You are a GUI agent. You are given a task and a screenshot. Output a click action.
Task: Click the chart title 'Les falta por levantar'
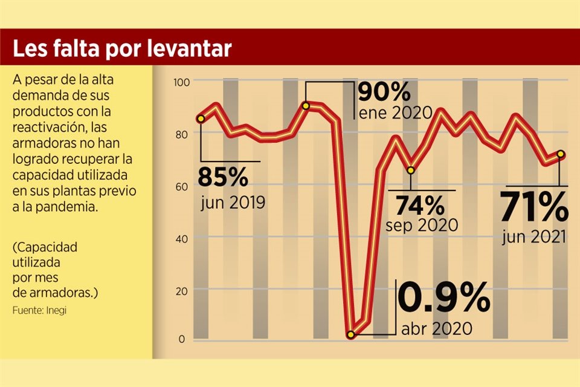[x=122, y=49]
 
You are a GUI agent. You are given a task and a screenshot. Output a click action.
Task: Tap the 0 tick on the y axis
[x=181, y=339]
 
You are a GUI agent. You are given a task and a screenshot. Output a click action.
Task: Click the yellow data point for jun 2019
[x=201, y=119]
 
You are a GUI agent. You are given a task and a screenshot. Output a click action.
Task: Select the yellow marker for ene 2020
[x=306, y=106]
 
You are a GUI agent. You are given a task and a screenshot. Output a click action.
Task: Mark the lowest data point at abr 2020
[x=350, y=334]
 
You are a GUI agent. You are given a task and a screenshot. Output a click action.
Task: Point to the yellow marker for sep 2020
[x=411, y=170]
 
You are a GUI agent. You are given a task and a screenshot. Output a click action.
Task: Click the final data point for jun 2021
[x=561, y=154]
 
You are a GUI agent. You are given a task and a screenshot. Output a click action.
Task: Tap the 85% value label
[x=223, y=177]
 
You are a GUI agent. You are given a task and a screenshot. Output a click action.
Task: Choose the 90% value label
[x=384, y=92]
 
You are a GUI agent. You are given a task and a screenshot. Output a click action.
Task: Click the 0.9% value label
[x=442, y=298]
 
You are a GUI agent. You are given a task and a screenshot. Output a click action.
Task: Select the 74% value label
[x=419, y=206]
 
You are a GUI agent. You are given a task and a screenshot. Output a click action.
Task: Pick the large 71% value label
[x=534, y=209]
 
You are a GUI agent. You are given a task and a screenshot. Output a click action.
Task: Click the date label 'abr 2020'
[x=436, y=330]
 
